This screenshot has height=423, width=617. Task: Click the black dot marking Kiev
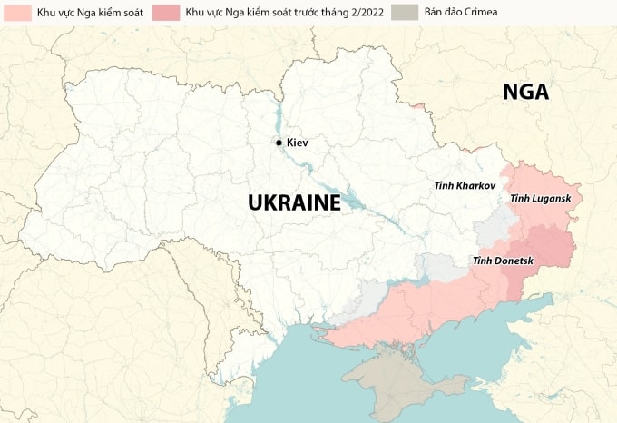tap(279, 143)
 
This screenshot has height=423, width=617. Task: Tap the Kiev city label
tap(298, 143)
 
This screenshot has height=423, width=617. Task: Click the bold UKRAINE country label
tap(295, 202)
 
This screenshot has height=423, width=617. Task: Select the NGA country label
tap(527, 92)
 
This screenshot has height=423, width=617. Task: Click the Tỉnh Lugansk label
tap(541, 198)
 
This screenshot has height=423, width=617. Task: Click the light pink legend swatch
tap(15, 13)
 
